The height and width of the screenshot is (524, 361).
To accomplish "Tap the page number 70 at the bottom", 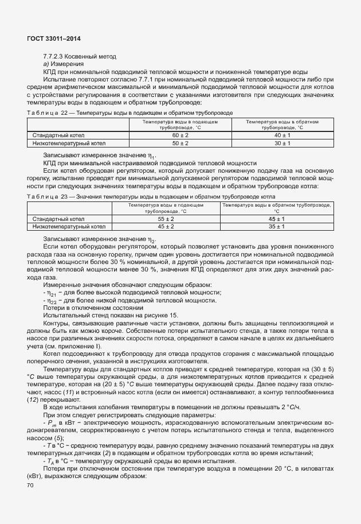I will (30, 485).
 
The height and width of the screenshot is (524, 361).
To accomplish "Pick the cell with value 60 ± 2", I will (180, 135).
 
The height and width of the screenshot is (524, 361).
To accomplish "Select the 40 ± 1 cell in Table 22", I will (282, 135).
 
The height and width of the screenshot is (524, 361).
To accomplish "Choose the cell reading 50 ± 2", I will (180, 143).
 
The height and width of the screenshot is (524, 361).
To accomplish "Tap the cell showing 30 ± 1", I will (282, 143).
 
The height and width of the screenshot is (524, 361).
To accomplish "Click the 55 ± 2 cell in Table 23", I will (166, 219).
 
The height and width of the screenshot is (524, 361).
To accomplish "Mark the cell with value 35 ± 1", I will (276, 227).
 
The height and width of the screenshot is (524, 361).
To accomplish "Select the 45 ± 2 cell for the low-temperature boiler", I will (166, 227).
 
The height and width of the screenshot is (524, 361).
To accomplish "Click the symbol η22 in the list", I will (53, 301).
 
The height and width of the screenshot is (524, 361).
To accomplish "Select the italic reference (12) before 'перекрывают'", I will (33, 399).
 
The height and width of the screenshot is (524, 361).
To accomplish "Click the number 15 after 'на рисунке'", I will (174, 316).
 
